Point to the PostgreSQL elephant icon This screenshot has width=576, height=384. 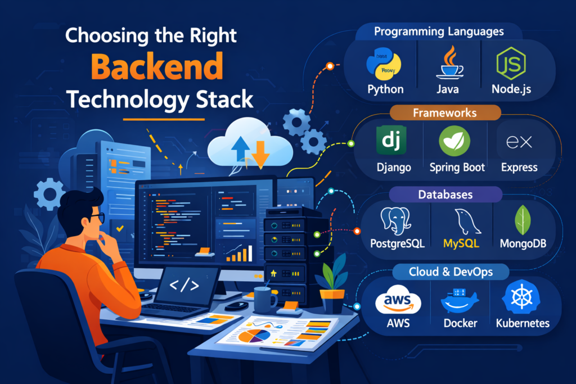tap(397, 220)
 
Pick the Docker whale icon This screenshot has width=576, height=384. tap(460, 301)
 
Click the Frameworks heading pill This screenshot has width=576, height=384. tap(444, 113)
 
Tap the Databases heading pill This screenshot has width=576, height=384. tap(445, 195)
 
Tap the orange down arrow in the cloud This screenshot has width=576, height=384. tap(260, 152)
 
